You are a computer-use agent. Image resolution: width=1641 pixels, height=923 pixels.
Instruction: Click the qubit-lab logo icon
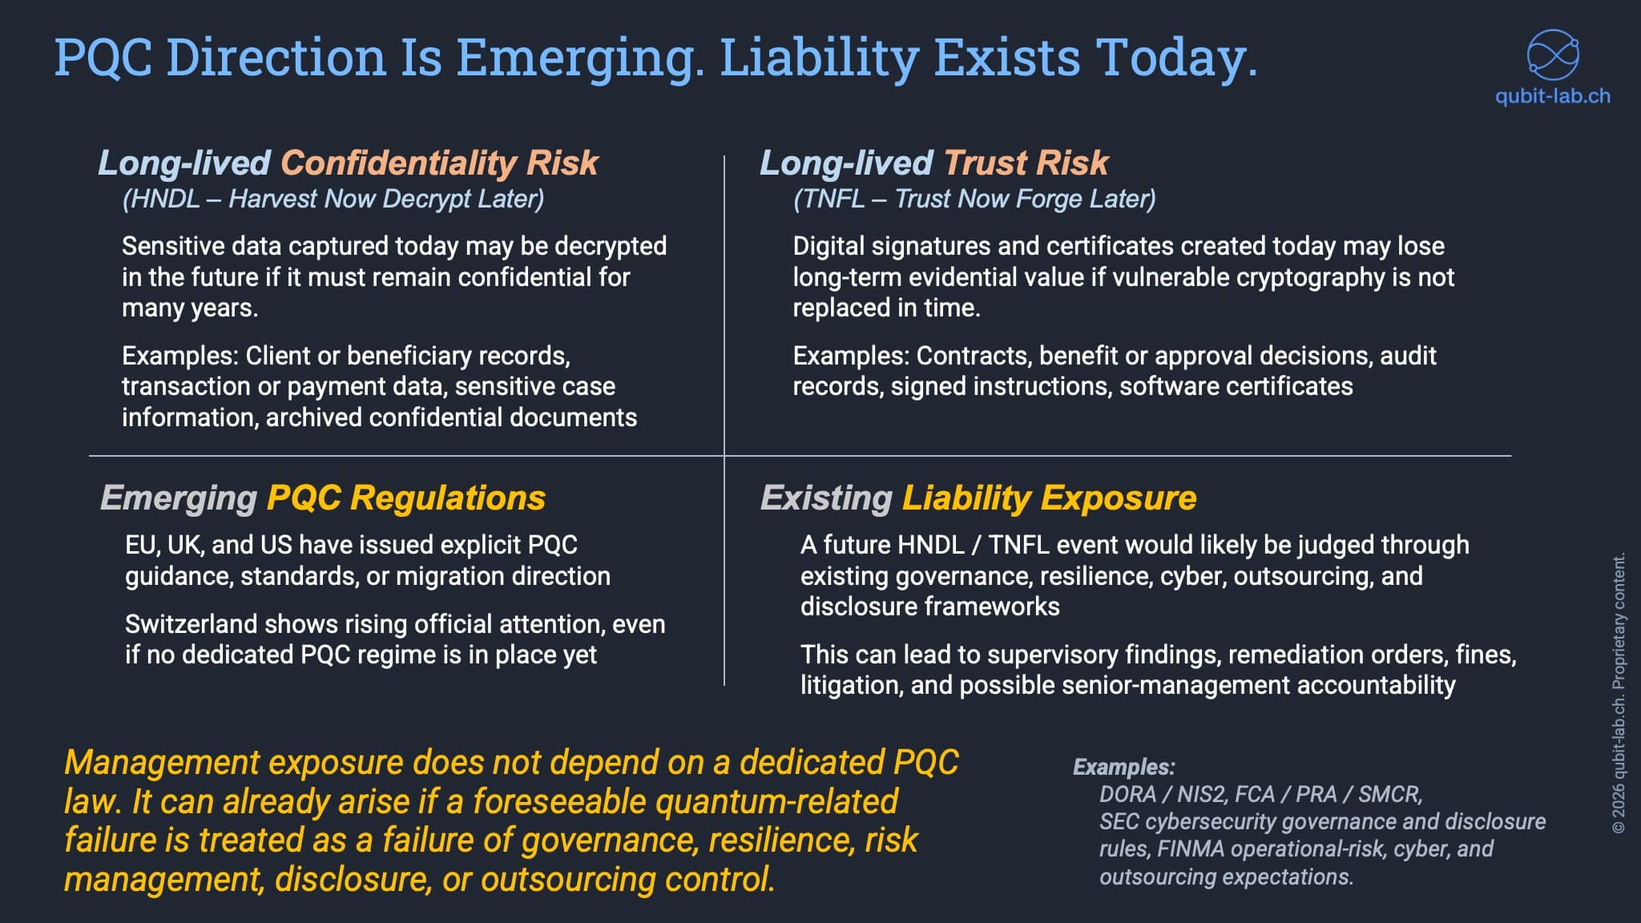point(1552,54)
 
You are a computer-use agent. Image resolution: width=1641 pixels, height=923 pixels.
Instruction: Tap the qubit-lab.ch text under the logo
point(1552,96)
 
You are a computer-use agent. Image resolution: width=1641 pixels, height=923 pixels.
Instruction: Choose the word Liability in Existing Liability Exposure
point(966,498)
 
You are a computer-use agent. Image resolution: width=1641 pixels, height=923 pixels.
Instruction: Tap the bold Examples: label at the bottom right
point(1123,767)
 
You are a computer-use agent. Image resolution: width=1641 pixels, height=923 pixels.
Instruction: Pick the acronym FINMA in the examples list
point(1191,848)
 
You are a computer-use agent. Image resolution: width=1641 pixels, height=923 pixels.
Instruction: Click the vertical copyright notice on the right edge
point(1619,693)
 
